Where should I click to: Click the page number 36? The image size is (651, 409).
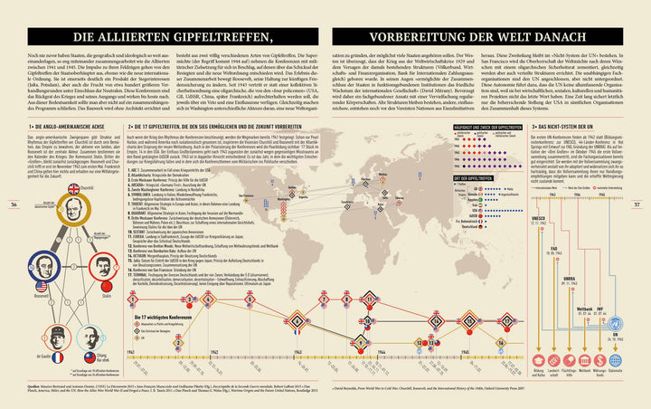13,204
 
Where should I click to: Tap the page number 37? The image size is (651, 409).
638,204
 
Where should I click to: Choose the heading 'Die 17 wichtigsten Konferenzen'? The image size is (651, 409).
159,319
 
